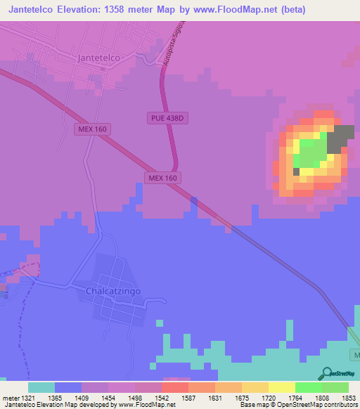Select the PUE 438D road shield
click(167, 118)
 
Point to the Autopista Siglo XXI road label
click(173, 48)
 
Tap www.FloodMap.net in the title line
click(236, 9)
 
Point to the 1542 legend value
click(148, 398)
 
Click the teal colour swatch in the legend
click(41, 387)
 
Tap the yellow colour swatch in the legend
click(281, 387)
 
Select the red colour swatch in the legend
click(174, 387)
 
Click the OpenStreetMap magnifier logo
click(326, 372)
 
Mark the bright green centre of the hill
click(310, 151)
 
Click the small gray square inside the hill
click(297, 171)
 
